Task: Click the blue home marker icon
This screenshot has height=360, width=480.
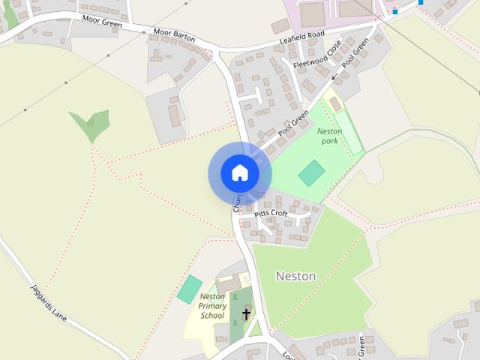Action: tap(239, 173)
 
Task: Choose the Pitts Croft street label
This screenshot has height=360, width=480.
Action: tap(271, 214)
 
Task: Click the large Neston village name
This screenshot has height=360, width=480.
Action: tap(295, 276)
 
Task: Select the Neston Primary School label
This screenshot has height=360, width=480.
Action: tap(212, 306)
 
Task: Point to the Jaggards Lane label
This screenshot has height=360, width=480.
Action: tap(49, 302)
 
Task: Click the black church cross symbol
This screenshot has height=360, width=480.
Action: tap(246, 313)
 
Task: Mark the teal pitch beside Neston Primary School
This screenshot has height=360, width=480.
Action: tap(190, 289)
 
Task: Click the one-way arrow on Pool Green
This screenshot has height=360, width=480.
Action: tap(334, 76)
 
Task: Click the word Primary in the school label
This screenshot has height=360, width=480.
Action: tap(213, 306)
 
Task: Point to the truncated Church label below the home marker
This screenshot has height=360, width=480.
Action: tap(237, 202)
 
